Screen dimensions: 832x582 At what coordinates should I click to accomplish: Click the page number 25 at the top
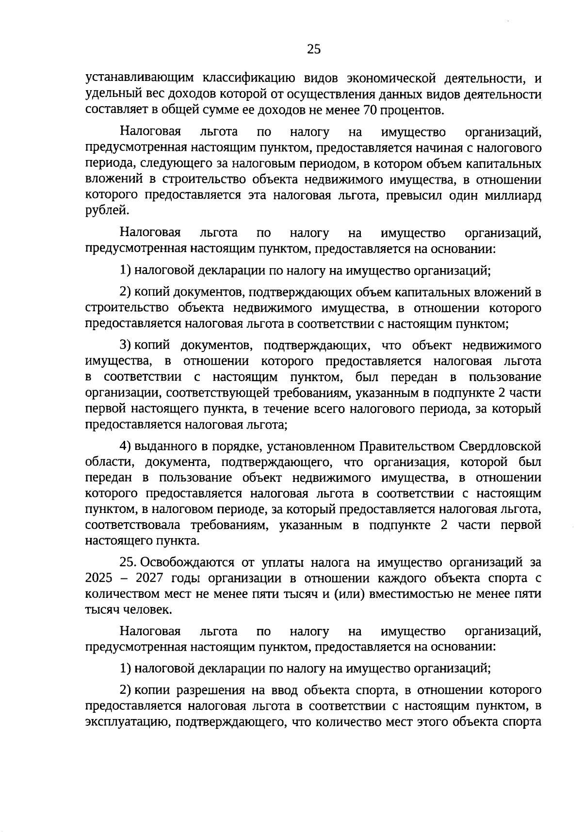pos(314,49)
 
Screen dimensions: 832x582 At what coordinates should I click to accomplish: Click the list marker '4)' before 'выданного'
pos(126,446)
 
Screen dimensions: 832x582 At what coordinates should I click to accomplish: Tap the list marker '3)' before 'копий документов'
pos(126,346)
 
